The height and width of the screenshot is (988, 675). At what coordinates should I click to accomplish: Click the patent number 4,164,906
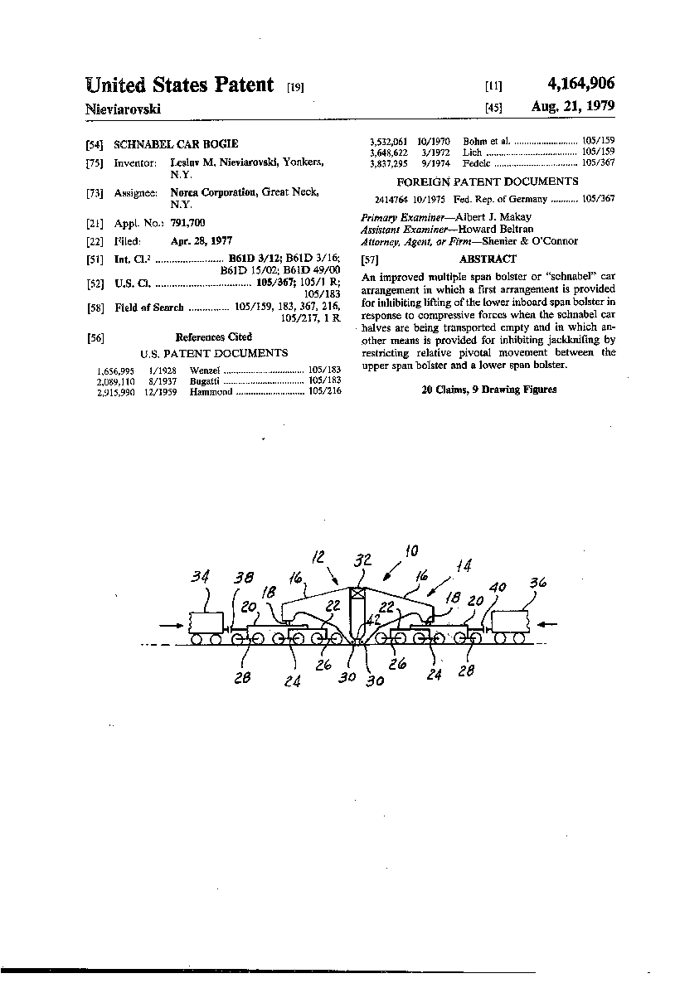point(581,84)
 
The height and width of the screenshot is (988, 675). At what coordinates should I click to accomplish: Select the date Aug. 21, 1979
point(573,107)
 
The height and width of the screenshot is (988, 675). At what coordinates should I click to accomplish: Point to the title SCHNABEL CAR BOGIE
point(176,143)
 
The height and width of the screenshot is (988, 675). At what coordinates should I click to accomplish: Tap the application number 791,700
point(187,223)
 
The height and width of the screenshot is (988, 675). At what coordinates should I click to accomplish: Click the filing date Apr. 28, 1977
point(202,241)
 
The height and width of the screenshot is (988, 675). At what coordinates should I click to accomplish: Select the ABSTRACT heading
point(488,259)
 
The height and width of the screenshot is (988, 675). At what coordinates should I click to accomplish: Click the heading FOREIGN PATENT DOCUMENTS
point(488,182)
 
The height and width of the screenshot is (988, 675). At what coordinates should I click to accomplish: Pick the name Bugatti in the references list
point(206,381)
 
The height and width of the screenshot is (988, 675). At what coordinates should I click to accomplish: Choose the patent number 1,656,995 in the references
point(114,370)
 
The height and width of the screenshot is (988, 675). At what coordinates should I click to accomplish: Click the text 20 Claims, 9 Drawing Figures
point(489,389)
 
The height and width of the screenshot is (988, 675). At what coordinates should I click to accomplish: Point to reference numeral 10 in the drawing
point(410,551)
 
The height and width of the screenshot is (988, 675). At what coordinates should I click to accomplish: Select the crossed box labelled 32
point(358,593)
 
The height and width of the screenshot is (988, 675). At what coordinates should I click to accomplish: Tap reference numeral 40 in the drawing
point(498,588)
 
